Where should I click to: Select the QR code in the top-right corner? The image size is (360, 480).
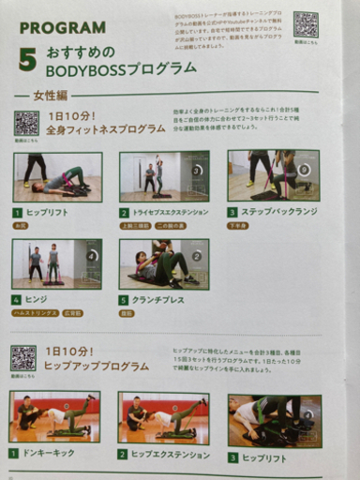pyautogui.click(x=306, y=23)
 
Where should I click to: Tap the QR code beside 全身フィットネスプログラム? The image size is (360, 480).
pyautogui.click(x=26, y=123)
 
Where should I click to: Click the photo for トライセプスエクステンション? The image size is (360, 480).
pyautogui.click(x=164, y=176)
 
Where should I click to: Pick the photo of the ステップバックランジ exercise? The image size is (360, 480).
pyautogui.click(x=273, y=175)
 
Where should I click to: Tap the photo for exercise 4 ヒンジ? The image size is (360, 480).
pyautogui.click(x=56, y=263)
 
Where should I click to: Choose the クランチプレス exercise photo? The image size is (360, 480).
pyautogui.click(x=164, y=263)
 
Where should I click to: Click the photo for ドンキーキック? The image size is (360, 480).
pyautogui.click(x=55, y=417)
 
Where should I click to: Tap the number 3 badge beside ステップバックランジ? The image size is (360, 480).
pyautogui.click(x=232, y=212)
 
